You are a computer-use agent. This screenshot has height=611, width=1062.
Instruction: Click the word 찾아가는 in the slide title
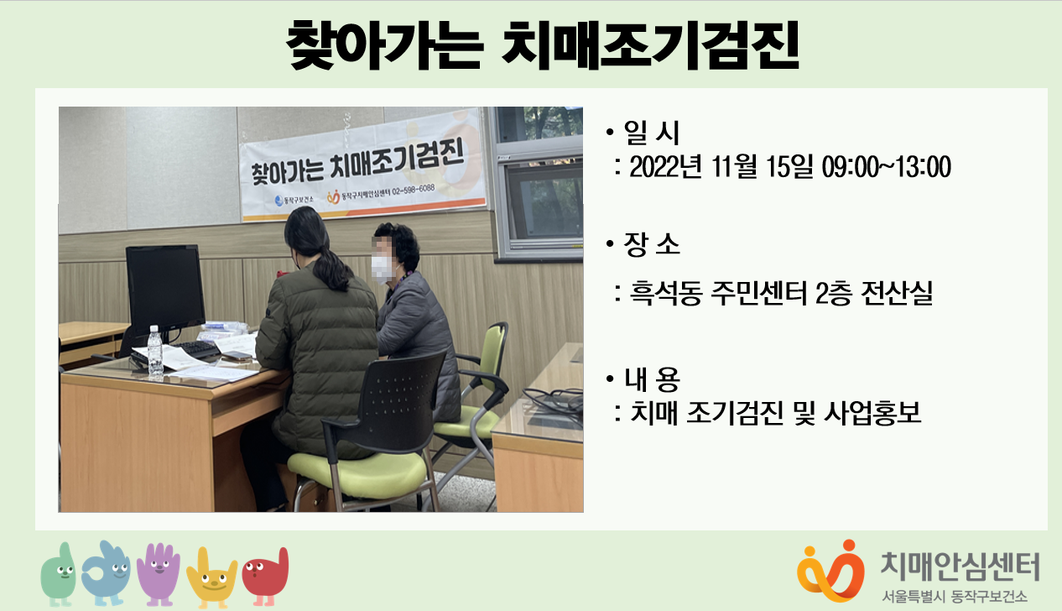(384, 45)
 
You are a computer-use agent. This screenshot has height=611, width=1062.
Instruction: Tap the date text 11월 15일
(763, 166)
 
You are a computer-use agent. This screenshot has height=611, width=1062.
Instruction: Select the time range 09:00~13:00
(886, 166)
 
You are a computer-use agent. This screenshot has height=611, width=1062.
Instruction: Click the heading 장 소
(652, 245)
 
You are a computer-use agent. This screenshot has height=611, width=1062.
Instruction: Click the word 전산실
(897, 293)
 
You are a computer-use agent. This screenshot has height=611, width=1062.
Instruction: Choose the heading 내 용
(652, 379)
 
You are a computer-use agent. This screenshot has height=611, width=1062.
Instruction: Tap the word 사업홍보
(872, 413)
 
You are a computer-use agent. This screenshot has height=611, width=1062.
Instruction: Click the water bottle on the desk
(155, 352)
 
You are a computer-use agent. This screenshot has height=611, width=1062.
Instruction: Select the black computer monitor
(165, 290)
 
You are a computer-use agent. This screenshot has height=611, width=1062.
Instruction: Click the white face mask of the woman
(383, 269)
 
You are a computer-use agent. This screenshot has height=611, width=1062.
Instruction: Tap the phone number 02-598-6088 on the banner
(413, 190)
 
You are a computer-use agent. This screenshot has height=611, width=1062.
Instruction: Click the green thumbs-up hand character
(59, 574)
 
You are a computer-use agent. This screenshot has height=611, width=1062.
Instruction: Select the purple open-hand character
(159, 574)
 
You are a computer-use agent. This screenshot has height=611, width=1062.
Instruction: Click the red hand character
(265, 577)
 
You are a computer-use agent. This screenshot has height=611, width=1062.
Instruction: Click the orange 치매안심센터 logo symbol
(830, 572)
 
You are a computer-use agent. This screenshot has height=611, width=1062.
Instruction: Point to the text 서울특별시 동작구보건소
(955, 596)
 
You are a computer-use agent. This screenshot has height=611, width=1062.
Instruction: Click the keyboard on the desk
(195, 350)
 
